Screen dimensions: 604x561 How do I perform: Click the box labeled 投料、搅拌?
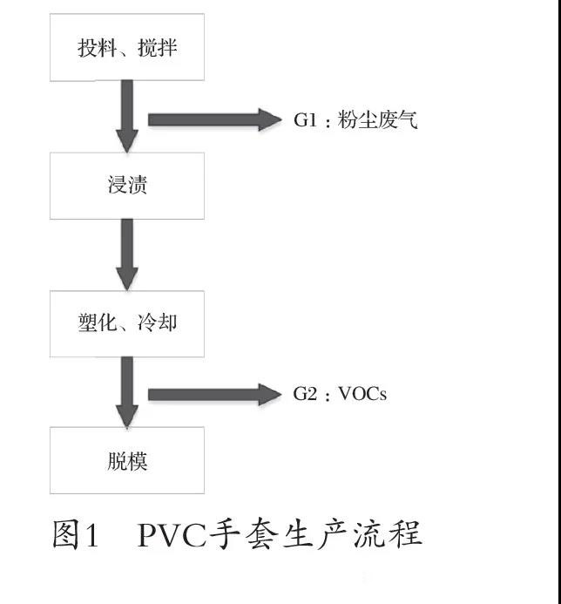[x=127, y=47]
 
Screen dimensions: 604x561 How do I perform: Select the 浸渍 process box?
[x=127, y=186]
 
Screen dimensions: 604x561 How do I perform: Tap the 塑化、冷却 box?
[x=127, y=323]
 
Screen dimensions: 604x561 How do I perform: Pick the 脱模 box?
[x=127, y=460]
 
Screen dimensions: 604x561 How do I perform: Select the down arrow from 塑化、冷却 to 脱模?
[x=127, y=391]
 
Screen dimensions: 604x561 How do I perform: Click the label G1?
[x=304, y=120]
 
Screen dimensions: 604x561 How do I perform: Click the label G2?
[x=304, y=395]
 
